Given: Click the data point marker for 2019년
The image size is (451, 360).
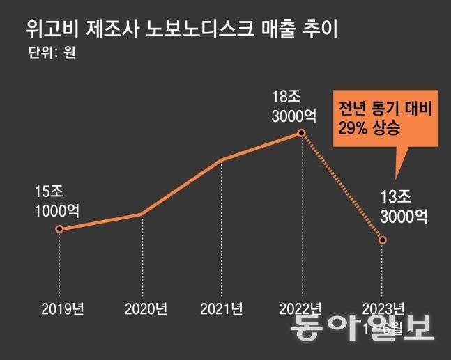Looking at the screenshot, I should [59, 228].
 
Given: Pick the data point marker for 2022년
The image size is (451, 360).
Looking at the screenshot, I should [302, 132].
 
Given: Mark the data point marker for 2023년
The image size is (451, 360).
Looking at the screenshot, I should [383, 240].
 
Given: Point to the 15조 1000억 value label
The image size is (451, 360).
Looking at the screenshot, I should [56, 201].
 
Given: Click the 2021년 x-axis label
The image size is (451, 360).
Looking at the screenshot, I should [221, 308].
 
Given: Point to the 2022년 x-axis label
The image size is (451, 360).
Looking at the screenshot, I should [300, 308].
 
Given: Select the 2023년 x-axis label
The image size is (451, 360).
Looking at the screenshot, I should [383, 308].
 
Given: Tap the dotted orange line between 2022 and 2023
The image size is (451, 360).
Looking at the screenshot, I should [342, 186].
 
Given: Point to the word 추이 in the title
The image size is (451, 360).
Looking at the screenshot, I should [330, 30].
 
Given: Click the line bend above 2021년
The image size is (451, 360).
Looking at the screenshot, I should [221, 160].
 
